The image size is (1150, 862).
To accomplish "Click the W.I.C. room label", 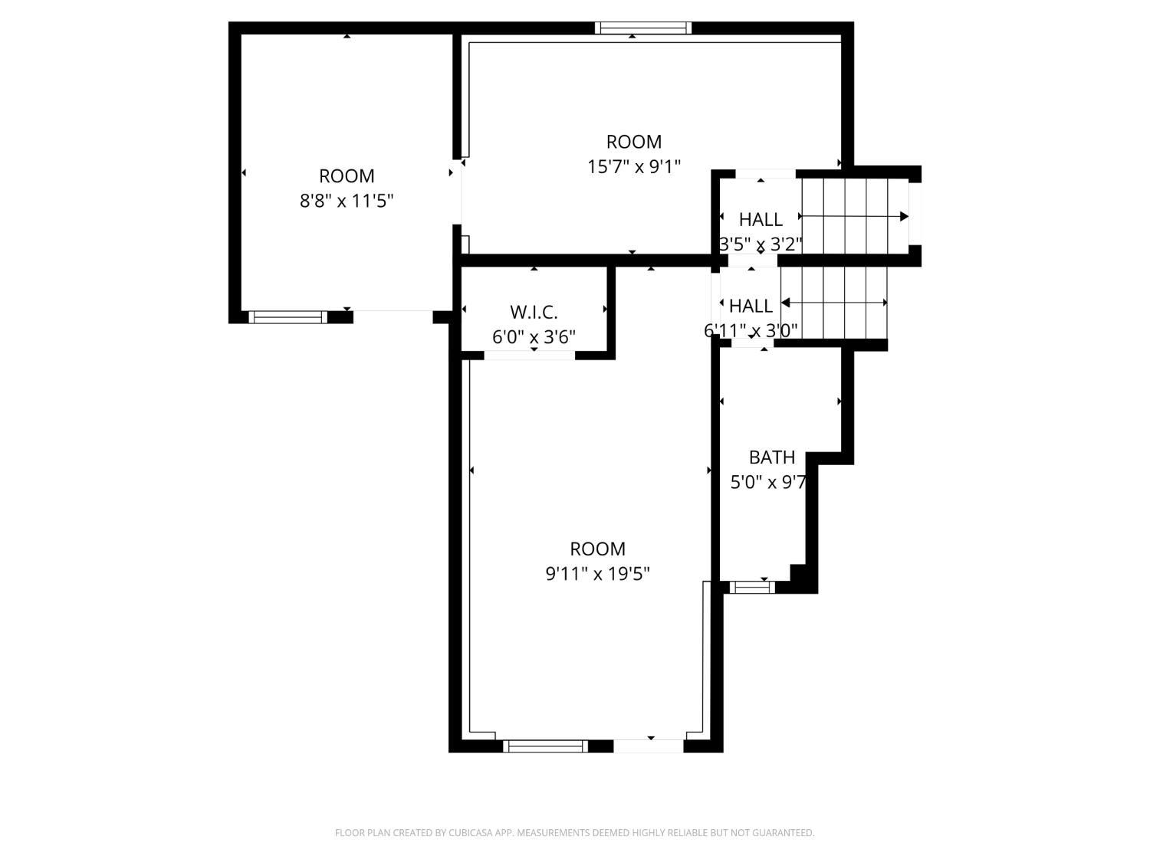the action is click(x=534, y=313).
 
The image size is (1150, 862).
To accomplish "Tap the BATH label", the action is click(x=772, y=457).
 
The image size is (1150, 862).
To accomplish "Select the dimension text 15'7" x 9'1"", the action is click(x=633, y=167).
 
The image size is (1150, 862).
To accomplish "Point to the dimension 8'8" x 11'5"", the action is click(x=347, y=201).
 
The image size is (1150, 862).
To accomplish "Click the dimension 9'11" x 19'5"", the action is click(x=597, y=574).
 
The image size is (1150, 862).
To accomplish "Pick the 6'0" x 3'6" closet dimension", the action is click(x=534, y=337).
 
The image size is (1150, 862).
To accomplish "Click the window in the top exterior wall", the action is click(x=642, y=28).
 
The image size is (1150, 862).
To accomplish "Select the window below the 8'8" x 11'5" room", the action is click(x=287, y=316).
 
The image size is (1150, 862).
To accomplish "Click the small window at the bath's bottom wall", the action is click(x=752, y=587).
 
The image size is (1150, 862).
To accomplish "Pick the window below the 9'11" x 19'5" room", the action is click(x=545, y=746).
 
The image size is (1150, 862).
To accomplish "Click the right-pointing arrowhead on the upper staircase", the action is click(x=904, y=216).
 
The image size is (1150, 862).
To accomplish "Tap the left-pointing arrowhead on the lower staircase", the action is click(x=785, y=303).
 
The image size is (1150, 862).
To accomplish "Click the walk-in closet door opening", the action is click(x=529, y=356).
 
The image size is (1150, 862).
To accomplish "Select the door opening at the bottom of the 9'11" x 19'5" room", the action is click(x=649, y=746).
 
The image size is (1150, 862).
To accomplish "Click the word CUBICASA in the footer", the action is click(x=469, y=833).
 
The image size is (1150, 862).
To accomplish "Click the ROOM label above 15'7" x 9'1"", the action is click(x=633, y=142).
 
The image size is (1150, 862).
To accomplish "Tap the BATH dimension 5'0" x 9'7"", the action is click(x=768, y=482).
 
